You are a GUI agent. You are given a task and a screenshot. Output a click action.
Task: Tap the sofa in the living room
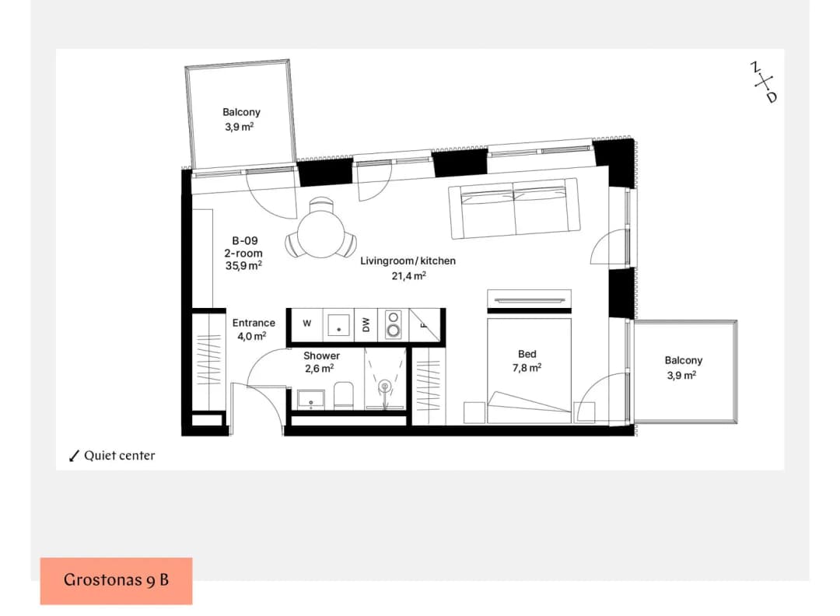(514, 208)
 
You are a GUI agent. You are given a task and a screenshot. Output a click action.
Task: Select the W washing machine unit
(306, 324)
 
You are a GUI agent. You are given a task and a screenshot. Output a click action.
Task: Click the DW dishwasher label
(366, 324)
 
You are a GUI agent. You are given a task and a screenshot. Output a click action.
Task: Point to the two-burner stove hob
(394, 324)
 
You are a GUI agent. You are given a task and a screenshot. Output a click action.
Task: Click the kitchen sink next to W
(338, 324)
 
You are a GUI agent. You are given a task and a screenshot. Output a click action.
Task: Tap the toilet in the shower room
(344, 395)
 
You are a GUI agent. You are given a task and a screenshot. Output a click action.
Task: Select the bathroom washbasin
(310, 400)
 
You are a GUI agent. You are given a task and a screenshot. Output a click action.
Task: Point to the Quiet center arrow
(74, 456)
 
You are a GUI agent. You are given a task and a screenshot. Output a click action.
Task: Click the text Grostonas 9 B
(116, 580)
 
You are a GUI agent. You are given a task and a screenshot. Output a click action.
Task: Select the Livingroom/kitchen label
(408, 261)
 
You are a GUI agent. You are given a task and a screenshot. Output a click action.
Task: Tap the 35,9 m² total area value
(243, 266)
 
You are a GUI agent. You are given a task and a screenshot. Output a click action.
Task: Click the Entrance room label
(254, 323)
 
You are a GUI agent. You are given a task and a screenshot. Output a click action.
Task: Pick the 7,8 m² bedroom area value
(527, 367)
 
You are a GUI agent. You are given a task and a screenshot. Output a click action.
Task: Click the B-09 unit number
(245, 241)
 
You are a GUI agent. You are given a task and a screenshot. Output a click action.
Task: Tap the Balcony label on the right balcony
(684, 360)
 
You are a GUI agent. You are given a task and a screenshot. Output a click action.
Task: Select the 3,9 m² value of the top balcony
(239, 127)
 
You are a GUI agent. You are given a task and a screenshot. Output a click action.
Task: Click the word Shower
(321, 355)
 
